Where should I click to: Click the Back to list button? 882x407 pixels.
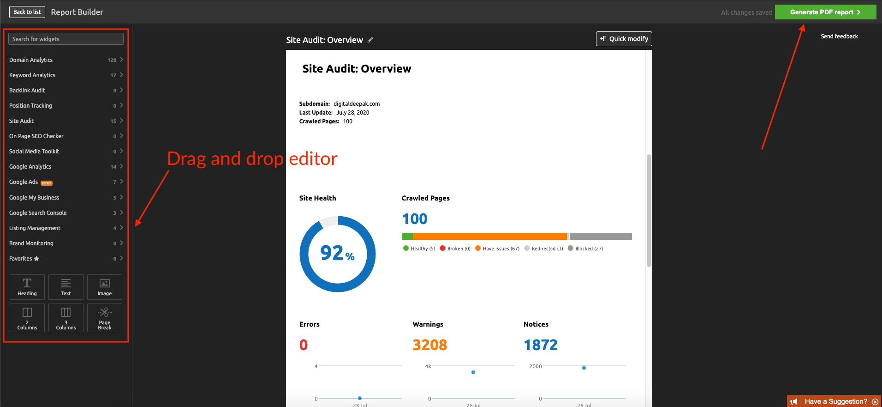[x=27, y=12]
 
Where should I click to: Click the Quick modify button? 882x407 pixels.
[x=624, y=39]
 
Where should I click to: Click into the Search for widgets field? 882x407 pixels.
[x=66, y=39]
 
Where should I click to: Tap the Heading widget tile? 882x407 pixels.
[x=27, y=287]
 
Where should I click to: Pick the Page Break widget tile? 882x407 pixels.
[x=105, y=318]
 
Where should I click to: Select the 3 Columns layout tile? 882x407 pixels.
[x=66, y=318]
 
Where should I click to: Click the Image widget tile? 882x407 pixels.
[x=105, y=287]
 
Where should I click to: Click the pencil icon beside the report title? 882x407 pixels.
[x=370, y=40]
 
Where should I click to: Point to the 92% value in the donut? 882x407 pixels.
[x=337, y=253]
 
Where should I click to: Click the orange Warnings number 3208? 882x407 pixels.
[x=429, y=345]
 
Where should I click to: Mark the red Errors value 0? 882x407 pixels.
[x=304, y=345]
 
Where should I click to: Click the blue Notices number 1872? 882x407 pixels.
[x=541, y=345]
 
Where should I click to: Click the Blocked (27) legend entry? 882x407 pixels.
[x=586, y=249]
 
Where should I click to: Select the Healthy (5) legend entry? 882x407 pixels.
[x=419, y=249]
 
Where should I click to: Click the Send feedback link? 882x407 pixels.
[x=839, y=36]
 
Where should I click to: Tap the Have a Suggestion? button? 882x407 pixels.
[x=835, y=401]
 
